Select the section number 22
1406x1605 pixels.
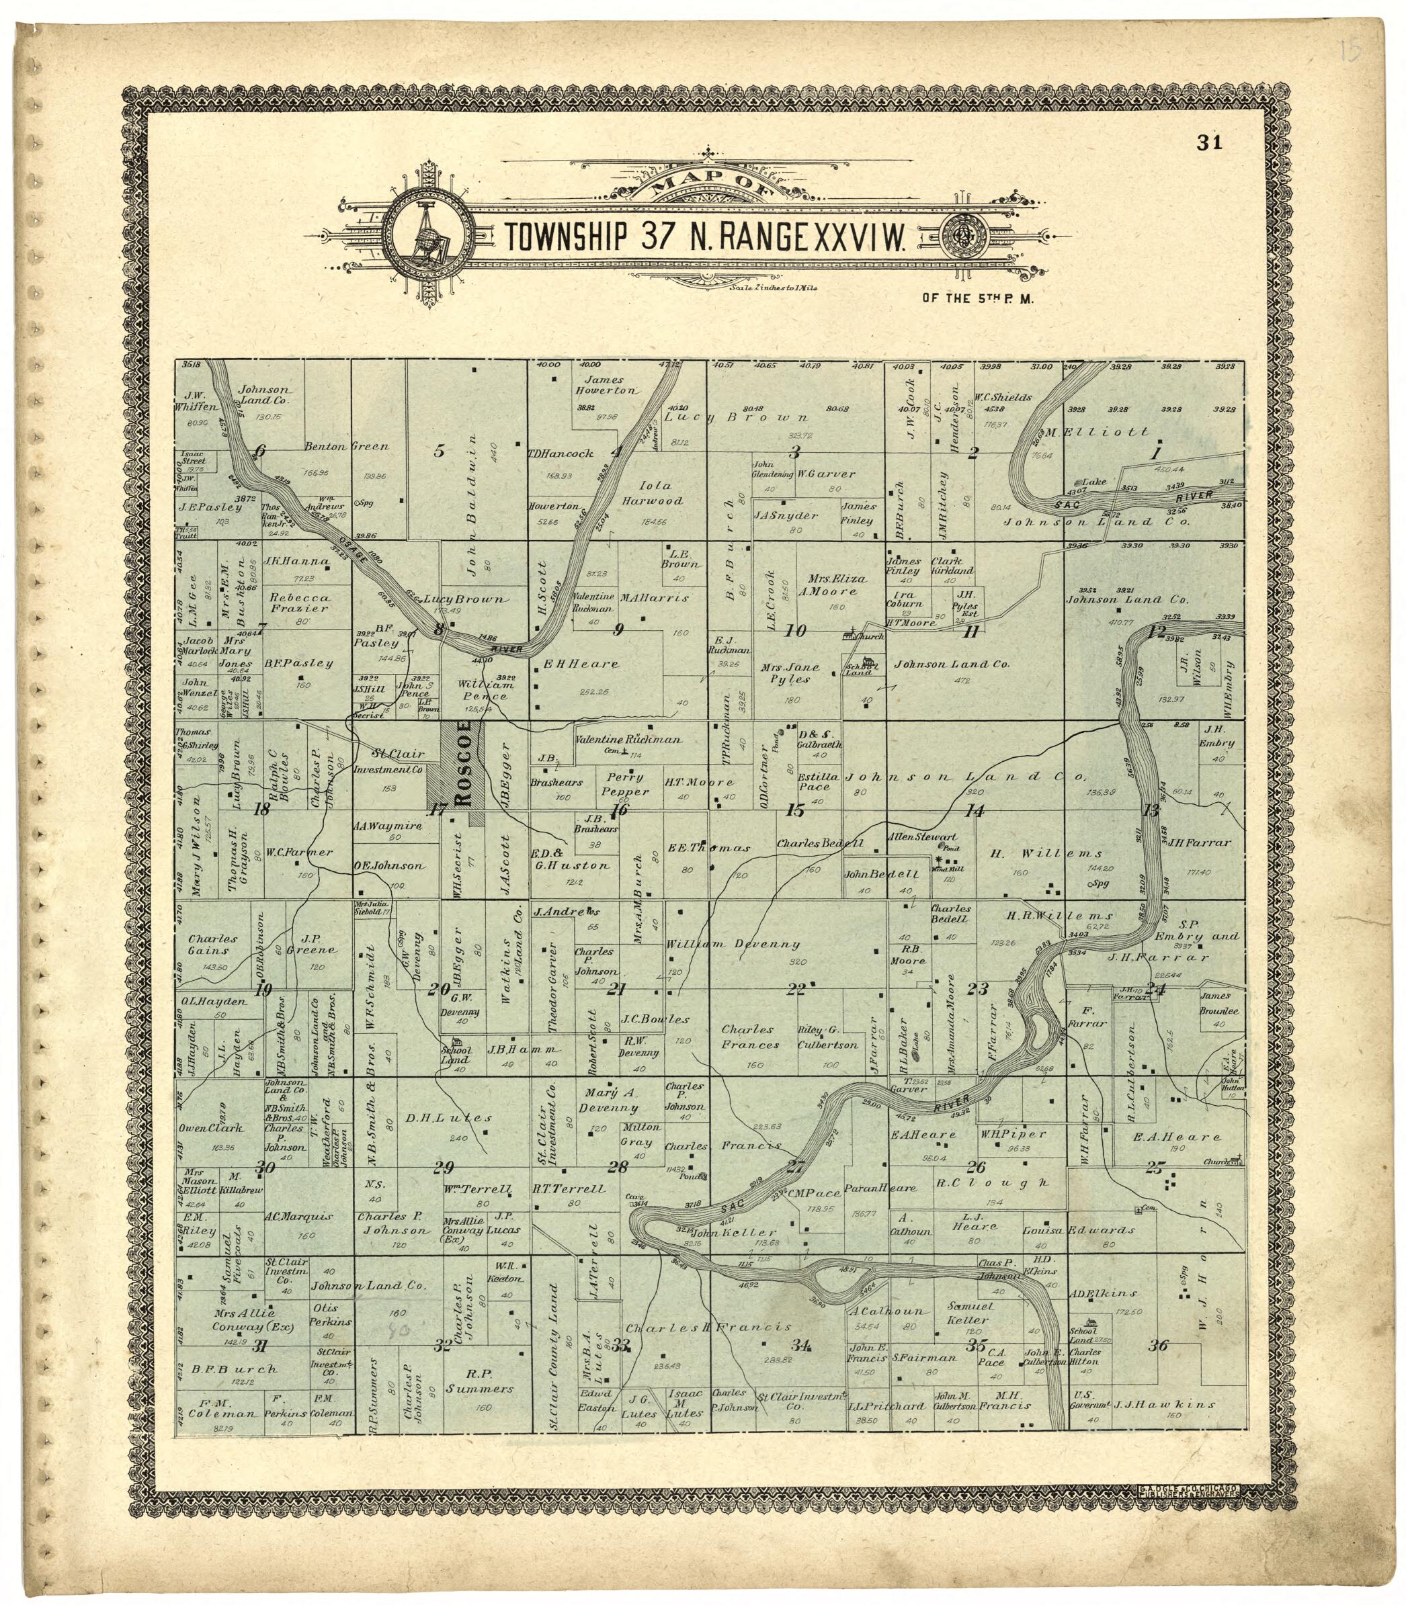point(796,989)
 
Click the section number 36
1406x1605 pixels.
point(1158,1346)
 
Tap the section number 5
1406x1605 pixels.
point(440,451)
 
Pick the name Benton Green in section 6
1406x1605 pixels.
point(346,446)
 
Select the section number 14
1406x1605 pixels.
point(975,811)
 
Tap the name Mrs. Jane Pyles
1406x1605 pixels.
point(789,673)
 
